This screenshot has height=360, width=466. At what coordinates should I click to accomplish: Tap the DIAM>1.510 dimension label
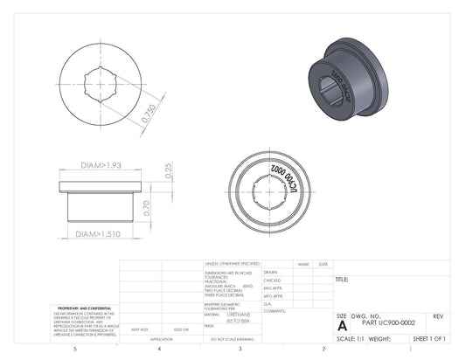[x=99, y=234]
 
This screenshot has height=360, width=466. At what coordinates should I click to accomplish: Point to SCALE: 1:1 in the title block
[x=351, y=337]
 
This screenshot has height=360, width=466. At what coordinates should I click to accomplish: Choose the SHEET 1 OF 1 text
[x=428, y=337]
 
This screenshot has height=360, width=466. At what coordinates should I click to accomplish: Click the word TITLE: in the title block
[x=341, y=280]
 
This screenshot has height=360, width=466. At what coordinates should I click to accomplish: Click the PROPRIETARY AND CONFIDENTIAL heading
[x=83, y=308]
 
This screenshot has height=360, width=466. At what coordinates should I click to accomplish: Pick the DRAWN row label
[x=270, y=272]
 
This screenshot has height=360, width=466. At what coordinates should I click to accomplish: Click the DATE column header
[x=323, y=263]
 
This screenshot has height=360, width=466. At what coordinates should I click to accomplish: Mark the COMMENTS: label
[x=275, y=311]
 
